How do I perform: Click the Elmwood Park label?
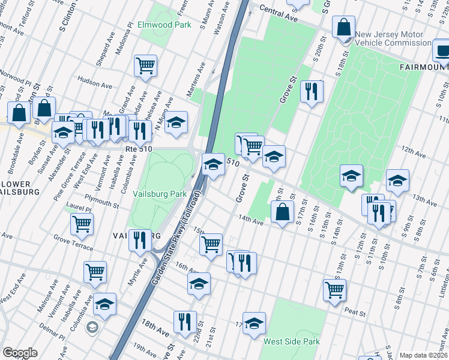[x=164, y=25]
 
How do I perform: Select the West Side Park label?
[x=291, y=341]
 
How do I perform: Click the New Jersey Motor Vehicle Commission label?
[x=392, y=39]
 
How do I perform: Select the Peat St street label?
[x=355, y=312]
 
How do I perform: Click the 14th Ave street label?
[x=251, y=220]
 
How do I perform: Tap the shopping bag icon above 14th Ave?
[x=282, y=211]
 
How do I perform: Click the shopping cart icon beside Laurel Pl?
[x=82, y=224]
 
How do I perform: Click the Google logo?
[x=20, y=353]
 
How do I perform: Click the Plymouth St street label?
[x=101, y=200]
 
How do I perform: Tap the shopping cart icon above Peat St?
[x=334, y=289]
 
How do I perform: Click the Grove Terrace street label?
[x=73, y=242]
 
